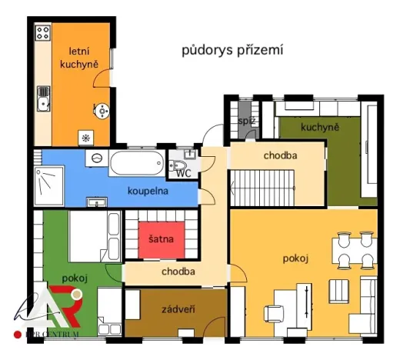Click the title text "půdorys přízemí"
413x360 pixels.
pyautogui.click(x=232, y=51)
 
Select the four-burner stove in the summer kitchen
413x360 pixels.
pyautogui.click(x=43, y=35)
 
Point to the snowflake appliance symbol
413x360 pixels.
pyautogui.click(x=85, y=137)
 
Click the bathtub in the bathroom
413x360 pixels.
pyautogui.click(x=135, y=163)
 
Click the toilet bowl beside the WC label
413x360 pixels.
pyautogui.click(x=178, y=165)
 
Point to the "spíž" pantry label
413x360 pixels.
pyautogui.click(x=246, y=121)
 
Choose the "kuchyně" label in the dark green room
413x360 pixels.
pyautogui.click(x=320, y=127)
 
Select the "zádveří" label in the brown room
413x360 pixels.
pyautogui.click(x=176, y=309)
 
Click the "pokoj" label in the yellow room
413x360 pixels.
pyautogui.click(x=295, y=258)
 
